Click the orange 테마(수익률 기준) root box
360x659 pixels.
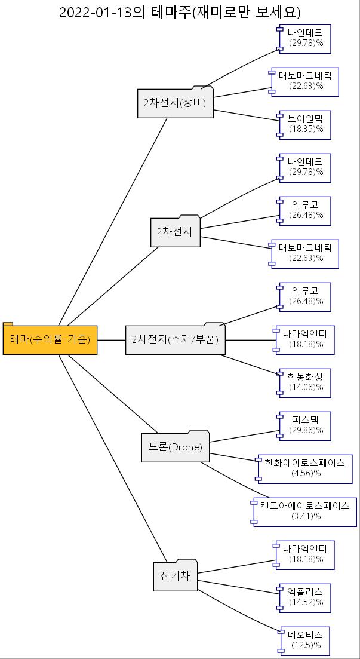(x=50, y=340)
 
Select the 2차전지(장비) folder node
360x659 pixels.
(x=175, y=103)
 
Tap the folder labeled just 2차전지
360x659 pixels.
(x=175, y=232)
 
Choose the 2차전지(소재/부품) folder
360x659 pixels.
(x=176, y=340)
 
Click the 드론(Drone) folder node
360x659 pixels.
(x=176, y=447)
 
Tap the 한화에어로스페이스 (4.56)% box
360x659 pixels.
(x=305, y=468)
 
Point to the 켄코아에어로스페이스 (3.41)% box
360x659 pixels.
(x=305, y=511)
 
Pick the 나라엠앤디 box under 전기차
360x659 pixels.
(x=305, y=554)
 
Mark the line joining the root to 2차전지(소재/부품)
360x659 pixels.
(x=111, y=340)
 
